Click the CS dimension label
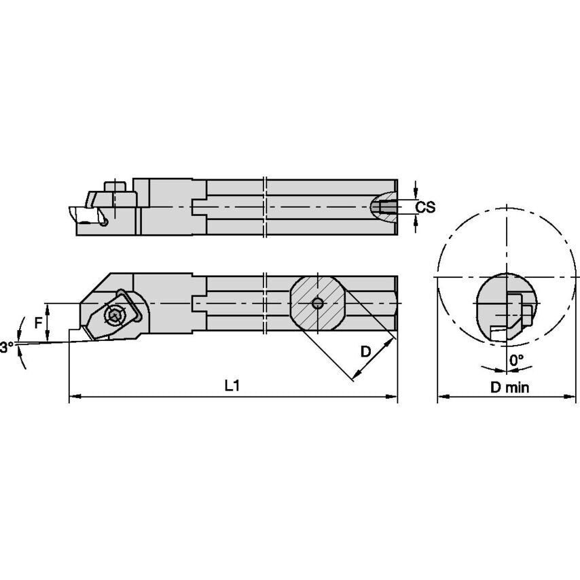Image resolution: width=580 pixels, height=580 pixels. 425,207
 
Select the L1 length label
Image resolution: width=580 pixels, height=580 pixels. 232,385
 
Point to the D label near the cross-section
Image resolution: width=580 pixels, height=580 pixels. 365,351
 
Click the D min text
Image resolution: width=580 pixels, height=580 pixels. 510,387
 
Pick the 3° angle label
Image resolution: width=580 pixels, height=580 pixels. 7,347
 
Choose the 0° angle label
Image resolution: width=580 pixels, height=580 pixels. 516,359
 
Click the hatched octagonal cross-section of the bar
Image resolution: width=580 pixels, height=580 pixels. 316,303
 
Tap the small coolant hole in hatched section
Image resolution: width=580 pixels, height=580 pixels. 316,303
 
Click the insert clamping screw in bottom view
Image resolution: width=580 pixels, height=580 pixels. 113,315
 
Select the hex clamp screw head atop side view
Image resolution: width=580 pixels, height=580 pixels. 113,187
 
